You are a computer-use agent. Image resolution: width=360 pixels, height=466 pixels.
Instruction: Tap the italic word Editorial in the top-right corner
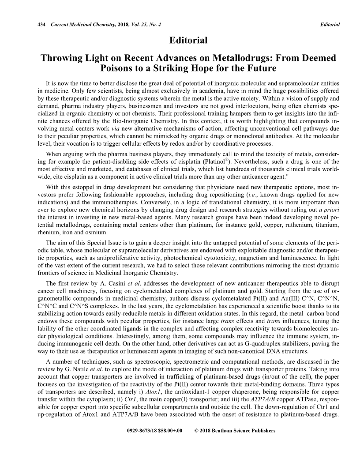click(x=330, y=24)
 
